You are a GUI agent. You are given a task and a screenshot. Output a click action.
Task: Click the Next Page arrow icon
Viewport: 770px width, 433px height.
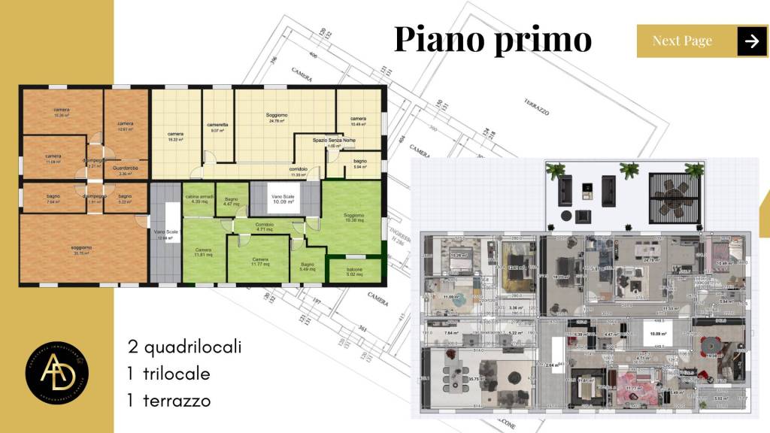752,41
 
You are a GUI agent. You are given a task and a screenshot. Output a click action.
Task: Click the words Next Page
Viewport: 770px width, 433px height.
682,41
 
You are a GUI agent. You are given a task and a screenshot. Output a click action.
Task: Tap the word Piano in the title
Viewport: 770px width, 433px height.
437,39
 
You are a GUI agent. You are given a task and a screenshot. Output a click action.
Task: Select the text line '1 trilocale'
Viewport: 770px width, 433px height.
168,374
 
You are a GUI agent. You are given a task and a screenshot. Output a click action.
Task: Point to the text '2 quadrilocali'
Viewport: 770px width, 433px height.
184,347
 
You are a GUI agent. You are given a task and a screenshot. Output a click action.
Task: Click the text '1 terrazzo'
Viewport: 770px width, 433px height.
169,401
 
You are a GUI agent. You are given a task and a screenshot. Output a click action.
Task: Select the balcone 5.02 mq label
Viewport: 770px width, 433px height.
354,272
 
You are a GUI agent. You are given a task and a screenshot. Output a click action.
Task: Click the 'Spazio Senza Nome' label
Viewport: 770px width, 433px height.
335,143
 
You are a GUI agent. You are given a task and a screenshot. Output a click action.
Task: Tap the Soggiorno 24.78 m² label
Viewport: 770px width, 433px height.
277,118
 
